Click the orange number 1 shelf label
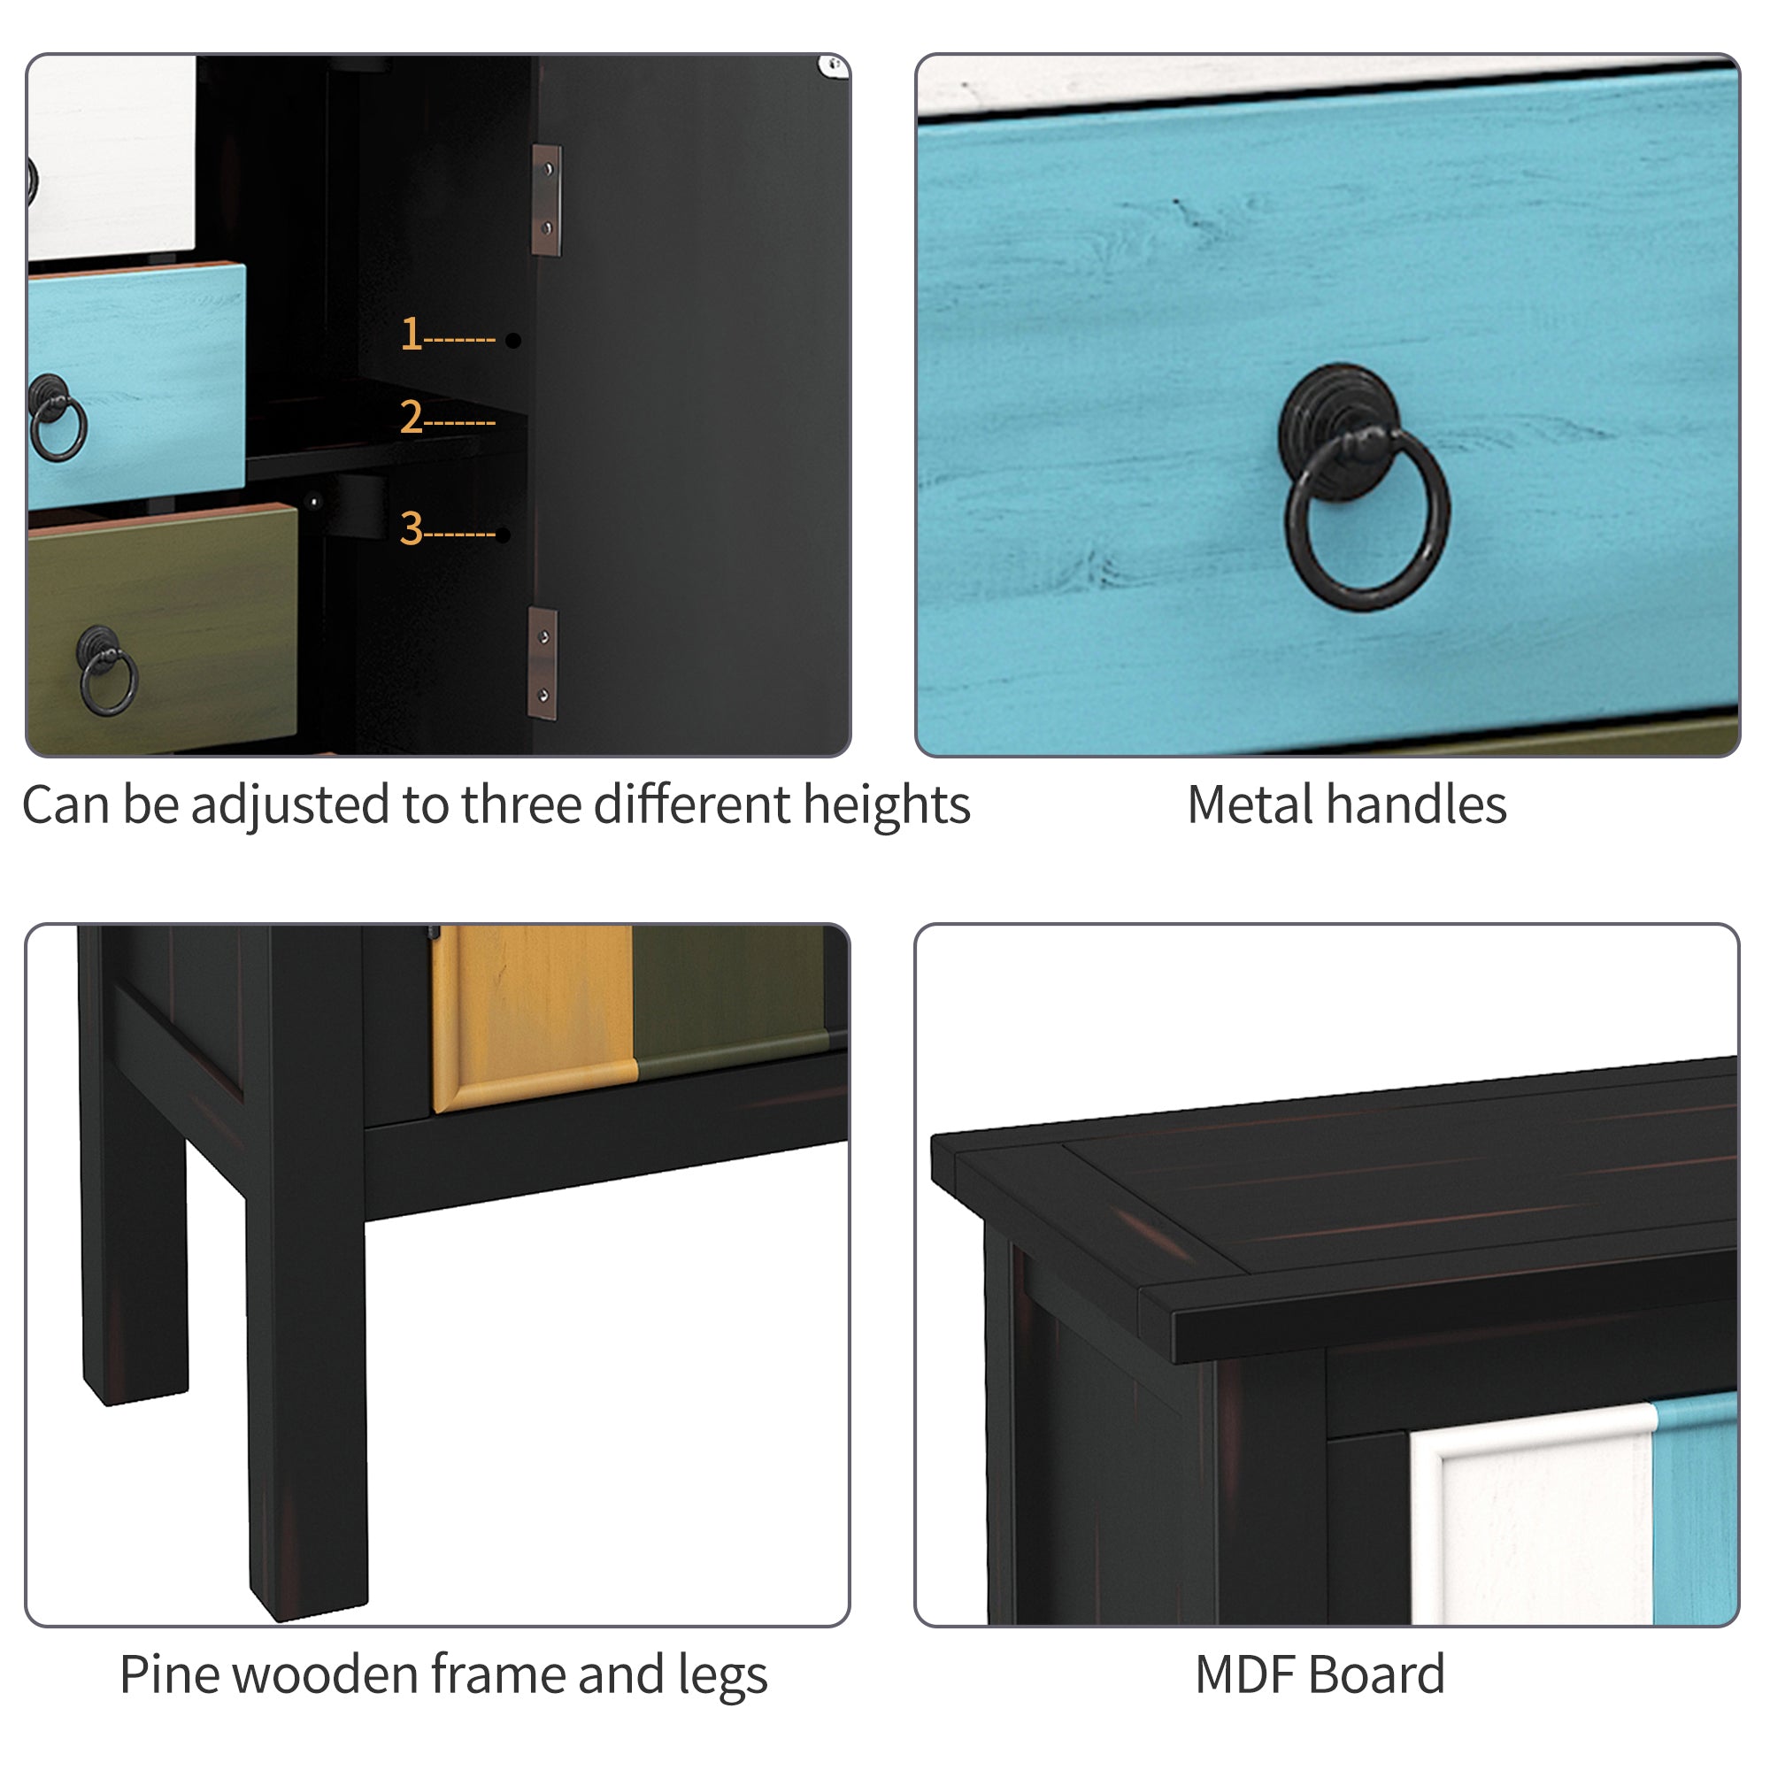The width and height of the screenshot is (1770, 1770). click(411, 335)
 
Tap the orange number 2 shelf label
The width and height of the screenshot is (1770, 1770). click(412, 418)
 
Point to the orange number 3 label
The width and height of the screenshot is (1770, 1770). click(412, 528)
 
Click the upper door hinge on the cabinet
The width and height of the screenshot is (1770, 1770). click(547, 200)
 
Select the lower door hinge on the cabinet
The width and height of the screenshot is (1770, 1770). click(543, 663)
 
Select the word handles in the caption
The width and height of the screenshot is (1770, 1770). click(1416, 805)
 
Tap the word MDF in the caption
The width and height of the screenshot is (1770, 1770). click(1246, 1674)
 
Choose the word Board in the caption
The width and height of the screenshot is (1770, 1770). click(1377, 1674)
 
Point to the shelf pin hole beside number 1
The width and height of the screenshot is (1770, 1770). click(513, 341)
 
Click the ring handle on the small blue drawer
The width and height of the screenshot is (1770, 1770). click(58, 418)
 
